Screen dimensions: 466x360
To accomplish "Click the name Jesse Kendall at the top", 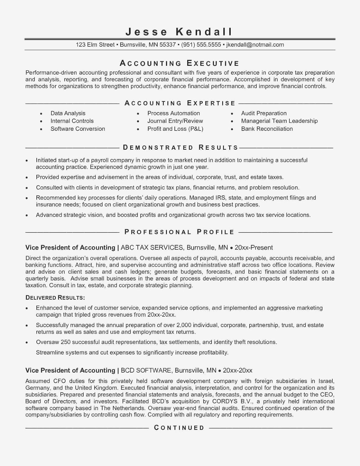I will point(179,31).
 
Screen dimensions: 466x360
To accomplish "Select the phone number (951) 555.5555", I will point(201,45).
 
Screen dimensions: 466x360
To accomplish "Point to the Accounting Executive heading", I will point(179,63).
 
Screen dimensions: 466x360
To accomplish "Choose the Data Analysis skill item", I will point(68,113).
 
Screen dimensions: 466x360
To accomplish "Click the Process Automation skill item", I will point(174,113).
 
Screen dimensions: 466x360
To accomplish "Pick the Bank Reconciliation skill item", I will point(267,129).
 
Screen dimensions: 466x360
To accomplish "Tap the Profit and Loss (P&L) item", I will point(175,129).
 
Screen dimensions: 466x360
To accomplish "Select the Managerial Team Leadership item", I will point(279,121).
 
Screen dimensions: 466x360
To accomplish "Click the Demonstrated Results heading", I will point(181,147).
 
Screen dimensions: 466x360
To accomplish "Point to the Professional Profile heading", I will point(179,232).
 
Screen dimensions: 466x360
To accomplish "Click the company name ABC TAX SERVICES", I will point(152,248).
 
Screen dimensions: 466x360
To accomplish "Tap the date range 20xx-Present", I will point(254,248).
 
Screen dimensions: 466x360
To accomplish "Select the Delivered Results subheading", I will point(55,297).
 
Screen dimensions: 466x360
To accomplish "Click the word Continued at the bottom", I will point(179,428).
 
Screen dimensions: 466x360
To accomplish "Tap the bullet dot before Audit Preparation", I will point(232,114).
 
